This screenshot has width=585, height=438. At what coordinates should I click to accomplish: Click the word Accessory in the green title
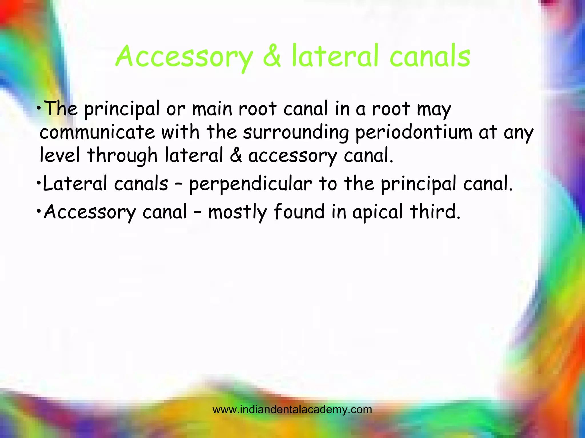click(185, 57)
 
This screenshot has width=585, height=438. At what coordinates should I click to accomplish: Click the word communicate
click(97, 132)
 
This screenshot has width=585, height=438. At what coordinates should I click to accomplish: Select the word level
click(60, 156)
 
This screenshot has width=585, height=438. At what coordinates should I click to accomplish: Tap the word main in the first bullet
click(212, 109)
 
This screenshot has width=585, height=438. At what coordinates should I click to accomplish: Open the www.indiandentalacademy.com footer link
click(292, 410)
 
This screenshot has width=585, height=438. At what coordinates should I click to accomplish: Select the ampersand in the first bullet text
click(236, 156)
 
